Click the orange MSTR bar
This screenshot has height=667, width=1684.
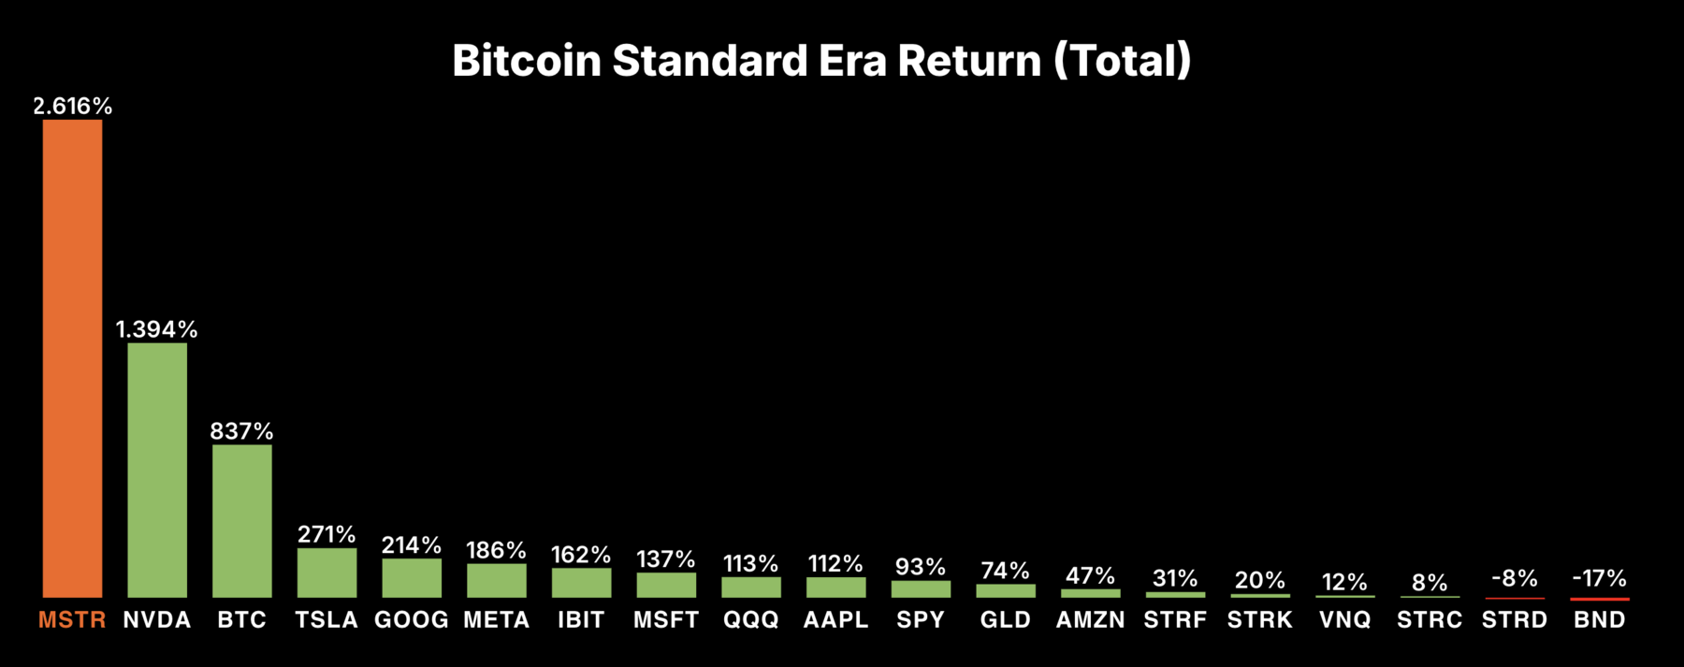tap(72, 358)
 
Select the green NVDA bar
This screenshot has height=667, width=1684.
tap(157, 470)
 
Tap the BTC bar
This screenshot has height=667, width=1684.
tap(242, 520)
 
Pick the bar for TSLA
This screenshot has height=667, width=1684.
tap(327, 573)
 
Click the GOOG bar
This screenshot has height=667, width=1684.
tap(412, 577)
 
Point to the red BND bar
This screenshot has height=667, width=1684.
tap(1600, 599)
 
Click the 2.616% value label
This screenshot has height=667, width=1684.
tap(72, 107)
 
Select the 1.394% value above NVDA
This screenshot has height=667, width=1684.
tap(157, 329)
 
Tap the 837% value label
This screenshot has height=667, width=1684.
tap(242, 431)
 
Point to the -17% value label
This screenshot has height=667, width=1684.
tap(1600, 578)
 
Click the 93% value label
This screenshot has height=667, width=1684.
tap(921, 567)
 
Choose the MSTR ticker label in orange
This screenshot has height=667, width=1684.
tap(72, 620)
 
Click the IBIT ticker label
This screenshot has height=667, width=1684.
tap(581, 620)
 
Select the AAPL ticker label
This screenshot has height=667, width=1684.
tap(835, 620)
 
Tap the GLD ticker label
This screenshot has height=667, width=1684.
tap(1006, 620)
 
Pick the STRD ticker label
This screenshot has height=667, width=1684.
tap(1515, 620)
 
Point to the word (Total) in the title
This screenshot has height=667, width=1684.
tap(1123, 61)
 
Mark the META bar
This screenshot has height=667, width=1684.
tap(497, 580)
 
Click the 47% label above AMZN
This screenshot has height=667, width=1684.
tap(1091, 575)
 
